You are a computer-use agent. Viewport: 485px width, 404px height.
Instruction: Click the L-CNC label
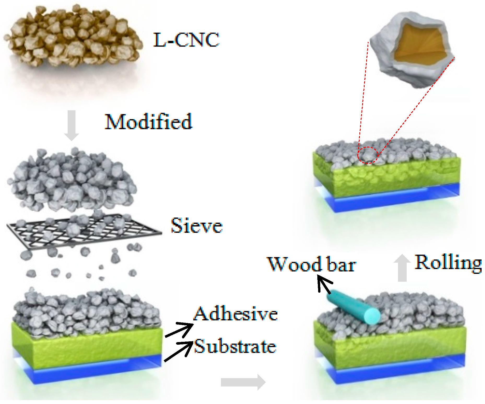pyautogui.click(x=186, y=40)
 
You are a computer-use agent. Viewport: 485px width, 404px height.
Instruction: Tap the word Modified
pyautogui.click(x=148, y=122)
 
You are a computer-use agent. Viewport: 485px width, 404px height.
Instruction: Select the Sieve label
pyautogui.click(x=196, y=226)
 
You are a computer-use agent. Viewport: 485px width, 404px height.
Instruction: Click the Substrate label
pyautogui.click(x=235, y=346)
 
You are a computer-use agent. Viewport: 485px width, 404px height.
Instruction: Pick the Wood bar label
pyautogui.click(x=311, y=264)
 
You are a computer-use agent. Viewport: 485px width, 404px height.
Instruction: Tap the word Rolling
pyautogui.click(x=448, y=263)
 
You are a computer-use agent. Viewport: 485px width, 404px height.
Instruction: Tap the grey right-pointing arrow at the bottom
pyautogui.click(x=243, y=382)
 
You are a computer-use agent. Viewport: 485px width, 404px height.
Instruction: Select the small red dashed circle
pyautogui.click(x=368, y=155)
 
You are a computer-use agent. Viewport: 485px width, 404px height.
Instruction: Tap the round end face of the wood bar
pyautogui.click(x=372, y=316)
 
